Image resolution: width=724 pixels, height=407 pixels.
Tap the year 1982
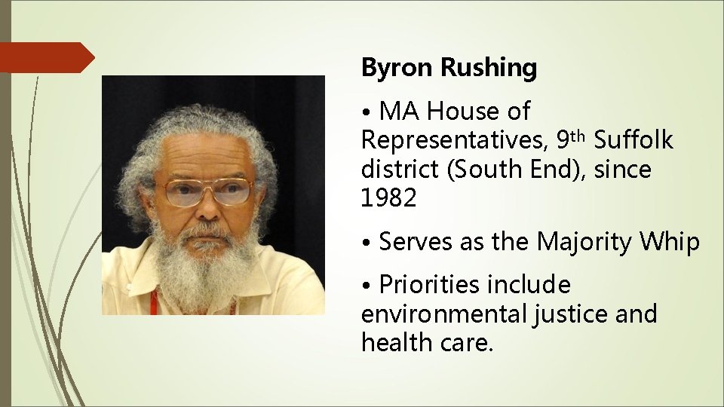pyautogui.click(x=388, y=198)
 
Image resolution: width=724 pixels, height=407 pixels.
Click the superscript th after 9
pyautogui.click(x=578, y=136)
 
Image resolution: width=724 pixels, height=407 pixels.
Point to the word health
pyautogui.click(x=394, y=342)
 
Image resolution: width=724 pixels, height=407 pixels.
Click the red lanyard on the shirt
pyautogui.click(x=155, y=302)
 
